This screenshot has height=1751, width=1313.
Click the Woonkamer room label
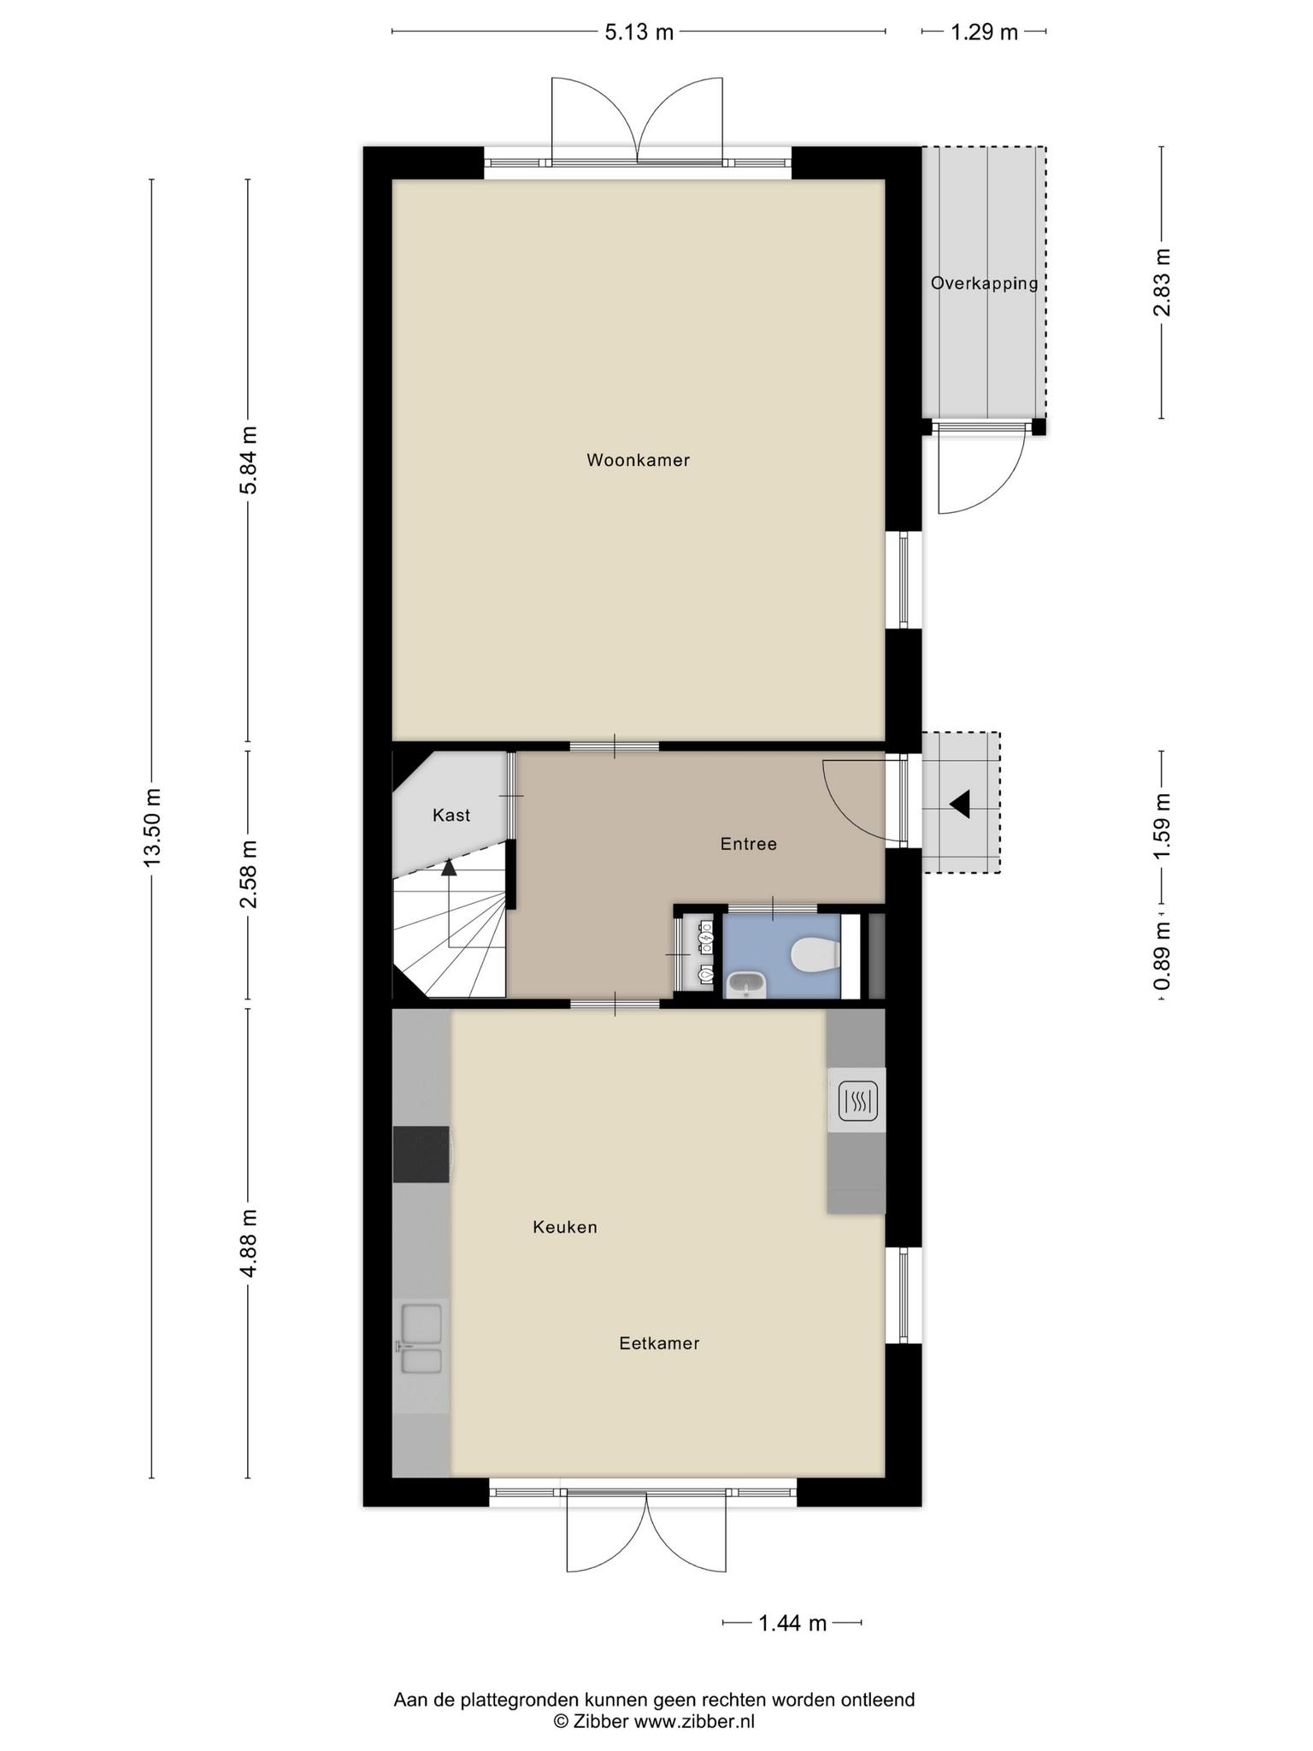(x=638, y=460)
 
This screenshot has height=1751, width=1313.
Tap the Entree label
(x=749, y=844)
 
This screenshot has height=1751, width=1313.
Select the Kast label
(x=451, y=815)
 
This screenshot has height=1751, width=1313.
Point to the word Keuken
(x=565, y=1227)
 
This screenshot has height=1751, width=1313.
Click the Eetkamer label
(x=659, y=1343)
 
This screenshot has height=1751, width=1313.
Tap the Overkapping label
(x=985, y=283)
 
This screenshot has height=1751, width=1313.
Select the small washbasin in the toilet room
(x=746, y=985)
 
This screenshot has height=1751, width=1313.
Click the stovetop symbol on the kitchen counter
(x=857, y=1101)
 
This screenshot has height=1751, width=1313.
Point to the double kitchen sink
(x=421, y=1339)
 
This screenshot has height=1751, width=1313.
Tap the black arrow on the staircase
(x=449, y=867)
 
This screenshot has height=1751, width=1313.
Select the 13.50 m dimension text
(x=152, y=827)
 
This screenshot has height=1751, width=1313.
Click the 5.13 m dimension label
(x=639, y=32)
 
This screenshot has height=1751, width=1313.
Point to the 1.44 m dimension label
(x=792, y=1623)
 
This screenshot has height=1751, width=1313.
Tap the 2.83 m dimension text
(x=1162, y=282)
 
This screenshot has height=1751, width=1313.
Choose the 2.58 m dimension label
(x=248, y=875)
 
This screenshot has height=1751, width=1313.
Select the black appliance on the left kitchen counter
(x=421, y=1154)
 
